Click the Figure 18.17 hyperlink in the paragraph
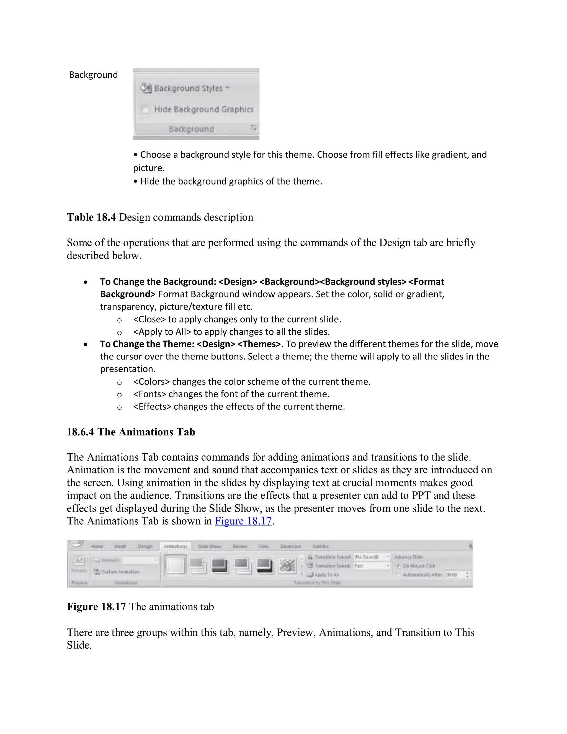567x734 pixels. pyautogui.click(x=243, y=521)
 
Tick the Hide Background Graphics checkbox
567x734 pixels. pyautogui.click(x=145, y=109)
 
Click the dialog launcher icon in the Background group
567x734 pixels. pyautogui.click(x=254, y=128)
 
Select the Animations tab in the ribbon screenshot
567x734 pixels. pyautogui.click(x=175, y=546)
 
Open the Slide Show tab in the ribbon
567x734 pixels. pyautogui.click(x=209, y=546)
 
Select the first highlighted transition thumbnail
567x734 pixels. pyautogui.click(x=175, y=565)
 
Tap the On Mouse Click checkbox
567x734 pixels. pyautogui.click(x=398, y=566)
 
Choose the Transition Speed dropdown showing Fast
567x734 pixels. pyautogui.click(x=372, y=566)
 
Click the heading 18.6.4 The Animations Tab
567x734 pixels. pyautogui.click(x=131, y=432)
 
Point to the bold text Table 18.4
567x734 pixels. pyautogui.click(x=91, y=217)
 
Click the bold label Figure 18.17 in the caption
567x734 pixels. pyautogui.click(x=96, y=607)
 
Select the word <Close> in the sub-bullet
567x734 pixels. pyautogui.click(x=150, y=319)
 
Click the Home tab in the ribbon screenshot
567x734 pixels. pyautogui.click(x=97, y=546)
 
